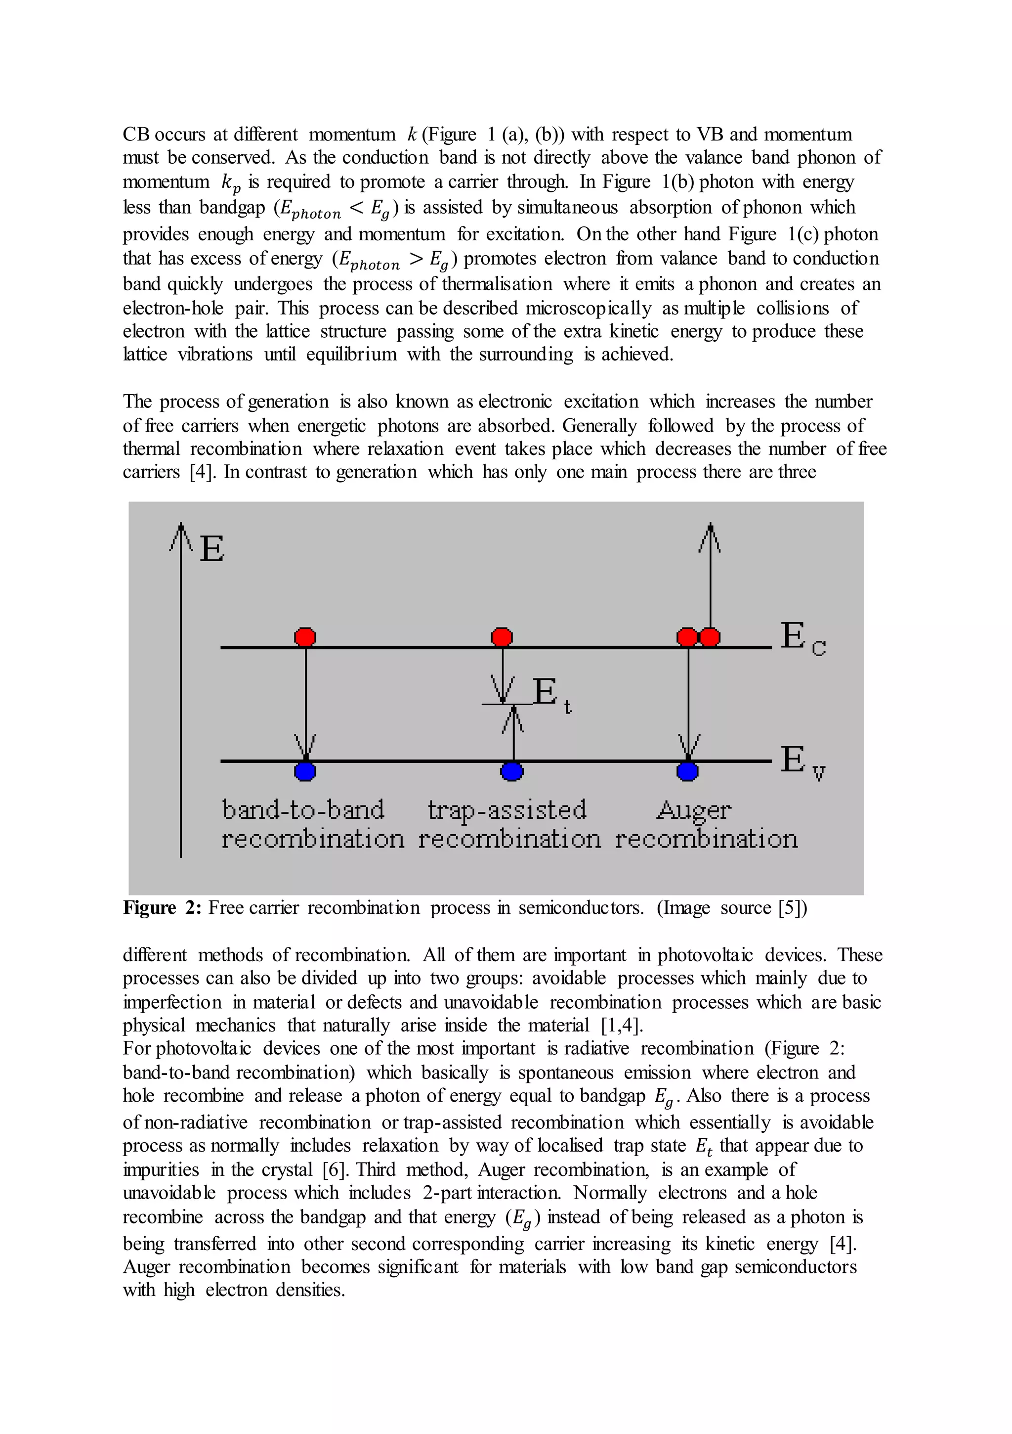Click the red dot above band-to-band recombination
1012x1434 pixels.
(x=305, y=636)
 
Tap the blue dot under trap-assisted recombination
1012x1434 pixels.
(x=512, y=771)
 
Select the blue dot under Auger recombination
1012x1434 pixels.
(x=687, y=771)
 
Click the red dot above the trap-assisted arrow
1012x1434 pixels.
(x=502, y=636)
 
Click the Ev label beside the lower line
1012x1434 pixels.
(x=802, y=762)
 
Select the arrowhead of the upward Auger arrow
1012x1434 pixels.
(x=710, y=536)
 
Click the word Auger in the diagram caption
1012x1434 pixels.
(x=693, y=810)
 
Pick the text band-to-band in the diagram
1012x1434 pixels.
(x=303, y=809)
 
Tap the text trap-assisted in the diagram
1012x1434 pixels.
(x=507, y=809)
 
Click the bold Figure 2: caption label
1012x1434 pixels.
(x=162, y=907)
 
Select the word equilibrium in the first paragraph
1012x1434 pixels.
(x=351, y=354)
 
